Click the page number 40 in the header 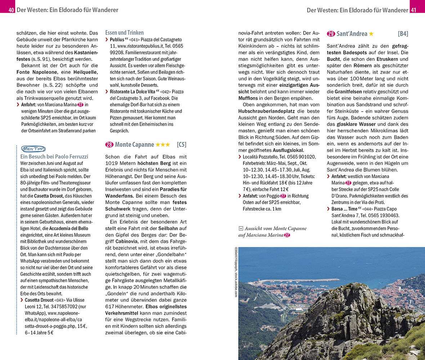(x=11, y=10)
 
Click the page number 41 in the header (x=413, y=10)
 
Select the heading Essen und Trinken (x=124, y=32)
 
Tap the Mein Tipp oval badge (x=33, y=149)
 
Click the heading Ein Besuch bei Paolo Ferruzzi (x=54, y=157)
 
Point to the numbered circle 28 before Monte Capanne (x=109, y=145)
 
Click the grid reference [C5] (x=182, y=145)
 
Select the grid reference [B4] (x=403, y=34)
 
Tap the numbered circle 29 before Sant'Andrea (x=331, y=34)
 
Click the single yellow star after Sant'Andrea (x=371, y=34)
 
